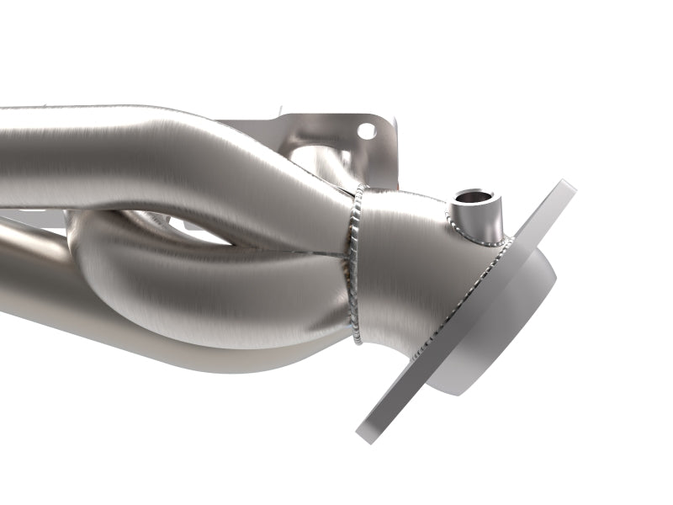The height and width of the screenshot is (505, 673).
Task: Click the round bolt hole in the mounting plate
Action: click(366, 130)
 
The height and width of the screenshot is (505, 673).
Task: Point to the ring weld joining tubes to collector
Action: click(352, 252)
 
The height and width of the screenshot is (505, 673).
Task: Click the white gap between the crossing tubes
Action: click(210, 236)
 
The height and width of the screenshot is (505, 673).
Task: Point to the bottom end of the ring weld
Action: click(360, 341)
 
